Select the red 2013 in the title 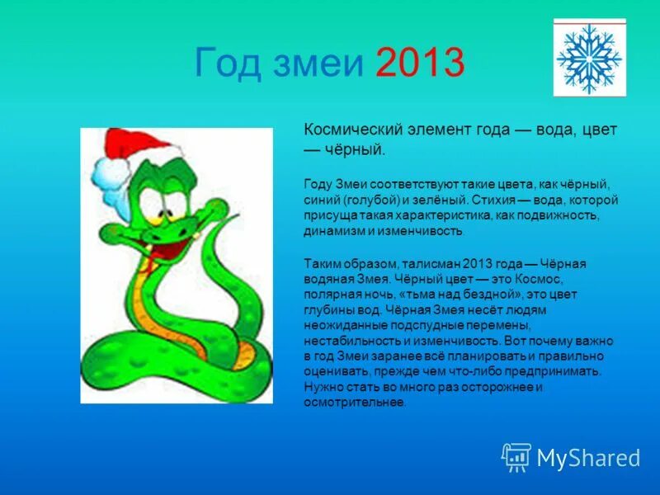(x=420, y=64)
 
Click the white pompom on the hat (x=108, y=172)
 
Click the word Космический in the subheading (x=354, y=130)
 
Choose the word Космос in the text (x=540, y=279)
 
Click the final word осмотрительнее (x=354, y=402)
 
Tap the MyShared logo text (x=588, y=456)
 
